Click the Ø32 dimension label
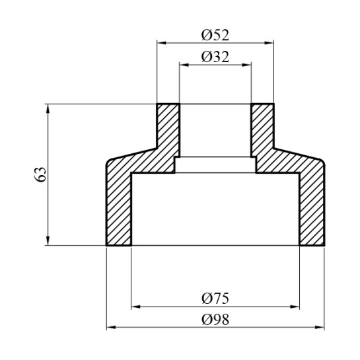coord(215,57)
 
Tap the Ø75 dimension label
coord(215,298)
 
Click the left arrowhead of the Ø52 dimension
coord(160,42)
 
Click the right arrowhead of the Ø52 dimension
coord(270,42)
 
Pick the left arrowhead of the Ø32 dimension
coord(183,65)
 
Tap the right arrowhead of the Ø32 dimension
coord(248,65)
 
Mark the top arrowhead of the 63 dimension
coord(48,107)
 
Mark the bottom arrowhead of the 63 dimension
coord(48,241)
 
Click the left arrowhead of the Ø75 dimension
coord(135,306)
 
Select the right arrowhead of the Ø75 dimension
coord(296,306)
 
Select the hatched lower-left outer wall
coord(119,205)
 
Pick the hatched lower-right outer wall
coord(312,205)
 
